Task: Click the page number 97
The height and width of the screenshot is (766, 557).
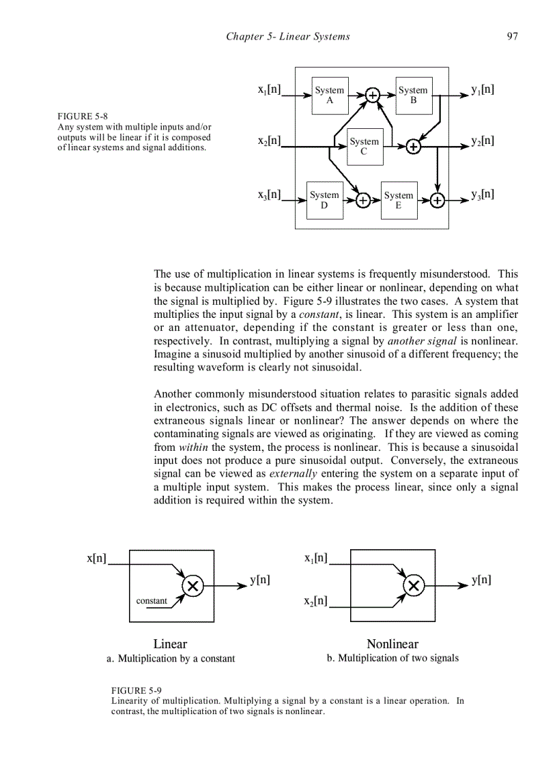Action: (x=512, y=37)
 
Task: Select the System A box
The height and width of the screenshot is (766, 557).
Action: (x=330, y=95)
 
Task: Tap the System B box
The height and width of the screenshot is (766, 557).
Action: (x=414, y=95)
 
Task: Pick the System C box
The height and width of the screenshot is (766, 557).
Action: (x=364, y=146)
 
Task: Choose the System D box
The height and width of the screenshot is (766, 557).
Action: (x=324, y=200)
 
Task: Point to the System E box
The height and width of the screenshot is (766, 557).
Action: (x=399, y=200)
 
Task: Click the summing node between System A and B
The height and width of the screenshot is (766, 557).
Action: (x=372, y=95)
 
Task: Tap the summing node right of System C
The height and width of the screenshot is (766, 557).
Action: (x=413, y=146)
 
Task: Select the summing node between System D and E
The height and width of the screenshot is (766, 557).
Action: (x=363, y=201)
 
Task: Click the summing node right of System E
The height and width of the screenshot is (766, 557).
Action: (x=437, y=201)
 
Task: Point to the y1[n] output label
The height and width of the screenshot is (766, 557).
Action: (x=483, y=89)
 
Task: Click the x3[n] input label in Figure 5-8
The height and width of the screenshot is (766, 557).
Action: (x=270, y=194)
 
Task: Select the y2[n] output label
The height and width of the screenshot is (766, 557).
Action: (x=483, y=141)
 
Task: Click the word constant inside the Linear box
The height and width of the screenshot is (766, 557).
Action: (x=152, y=601)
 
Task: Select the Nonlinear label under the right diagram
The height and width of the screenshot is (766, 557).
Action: (x=392, y=644)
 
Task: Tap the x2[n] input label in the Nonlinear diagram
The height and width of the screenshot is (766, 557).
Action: (x=316, y=602)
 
